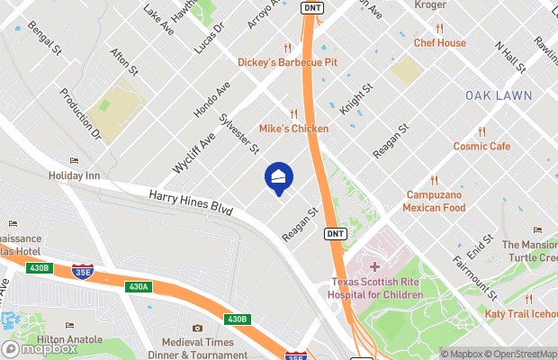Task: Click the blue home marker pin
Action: coord(278,177)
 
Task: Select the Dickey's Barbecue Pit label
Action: coord(287,62)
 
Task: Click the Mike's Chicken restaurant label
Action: coord(294,129)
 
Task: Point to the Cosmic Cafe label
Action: coord(481,146)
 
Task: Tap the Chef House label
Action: coord(439,42)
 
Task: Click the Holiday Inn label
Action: coord(74,175)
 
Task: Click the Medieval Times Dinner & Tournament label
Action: coord(203,348)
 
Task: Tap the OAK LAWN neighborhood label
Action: coord(499,95)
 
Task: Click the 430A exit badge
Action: coord(138,287)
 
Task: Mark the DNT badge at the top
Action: coord(312,7)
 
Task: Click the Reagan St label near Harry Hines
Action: coord(301,225)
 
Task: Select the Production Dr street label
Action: coord(81,113)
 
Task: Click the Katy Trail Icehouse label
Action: coord(521,313)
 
